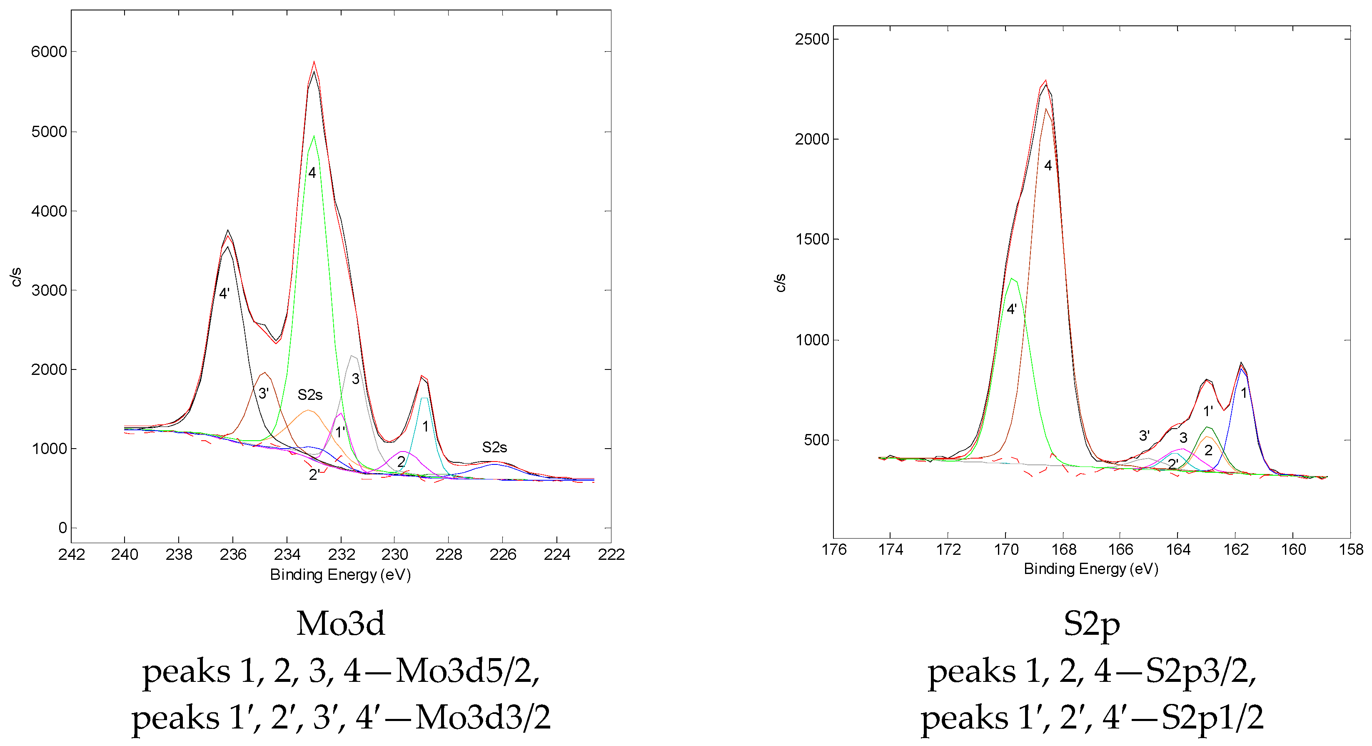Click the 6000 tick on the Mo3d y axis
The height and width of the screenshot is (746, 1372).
[x=49, y=52]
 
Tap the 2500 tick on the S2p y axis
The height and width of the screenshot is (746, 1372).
[x=812, y=40]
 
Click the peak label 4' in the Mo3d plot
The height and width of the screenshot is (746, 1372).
[x=224, y=293]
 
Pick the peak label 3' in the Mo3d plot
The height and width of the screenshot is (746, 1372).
[x=263, y=394]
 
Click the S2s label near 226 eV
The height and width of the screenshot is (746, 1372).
[x=494, y=447]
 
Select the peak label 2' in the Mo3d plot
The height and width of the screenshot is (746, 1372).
[x=314, y=474]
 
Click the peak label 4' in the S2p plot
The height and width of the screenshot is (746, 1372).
[x=1011, y=309]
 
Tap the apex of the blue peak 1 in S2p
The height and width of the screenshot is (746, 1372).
[x=1242, y=368]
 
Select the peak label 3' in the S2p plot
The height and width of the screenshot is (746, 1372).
[x=1144, y=436]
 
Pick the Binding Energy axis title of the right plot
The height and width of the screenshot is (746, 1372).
[x=1091, y=569]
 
